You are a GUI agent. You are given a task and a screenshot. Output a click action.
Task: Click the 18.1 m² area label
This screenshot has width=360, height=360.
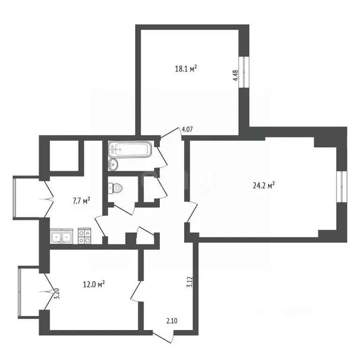(x=186, y=68)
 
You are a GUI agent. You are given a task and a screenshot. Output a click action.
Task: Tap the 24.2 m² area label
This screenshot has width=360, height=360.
(x=263, y=185)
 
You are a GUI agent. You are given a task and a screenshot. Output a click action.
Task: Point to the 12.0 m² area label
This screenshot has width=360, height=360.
(x=93, y=284)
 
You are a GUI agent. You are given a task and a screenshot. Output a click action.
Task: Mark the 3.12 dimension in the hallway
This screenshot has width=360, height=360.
(x=189, y=282)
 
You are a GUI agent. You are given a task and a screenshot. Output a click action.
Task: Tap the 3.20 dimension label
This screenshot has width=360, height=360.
(x=57, y=293)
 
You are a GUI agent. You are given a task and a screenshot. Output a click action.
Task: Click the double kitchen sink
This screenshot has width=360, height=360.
(x=61, y=236)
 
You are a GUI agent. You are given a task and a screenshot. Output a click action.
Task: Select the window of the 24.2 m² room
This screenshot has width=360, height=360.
(x=344, y=186)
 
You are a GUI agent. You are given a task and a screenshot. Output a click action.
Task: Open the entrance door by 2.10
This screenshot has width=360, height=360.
(x=164, y=337)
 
